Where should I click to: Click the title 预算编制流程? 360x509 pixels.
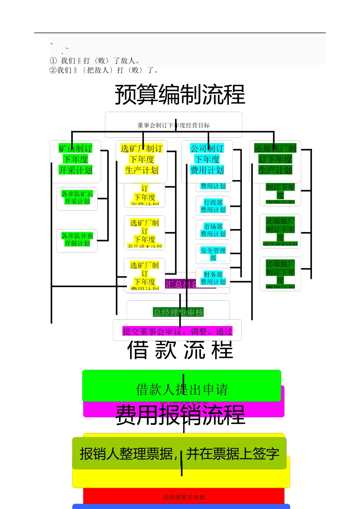pyautogui.click(x=180, y=95)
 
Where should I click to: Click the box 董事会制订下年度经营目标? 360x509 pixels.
pyautogui.click(x=174, y=125)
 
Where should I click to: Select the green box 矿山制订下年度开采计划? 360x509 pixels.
pyautogui.click(x=75, y=159)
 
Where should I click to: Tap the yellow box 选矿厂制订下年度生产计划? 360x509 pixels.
pyautogui.click(x=142, y=159)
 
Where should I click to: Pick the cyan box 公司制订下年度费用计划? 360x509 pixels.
pyautogui.click(x=207, y=159)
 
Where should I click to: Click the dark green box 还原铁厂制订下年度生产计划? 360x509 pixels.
pyautogui.click(x=275, y=159)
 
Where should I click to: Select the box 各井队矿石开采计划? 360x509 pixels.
pyautogui.click(x=77, y=198)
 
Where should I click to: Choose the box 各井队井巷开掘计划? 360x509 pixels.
pyautogui.click(x=77, y=240)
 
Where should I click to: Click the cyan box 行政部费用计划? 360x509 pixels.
pyautogui.click(x=213, y=206)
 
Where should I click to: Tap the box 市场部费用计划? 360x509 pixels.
pyautogui.click(x=213, y=230)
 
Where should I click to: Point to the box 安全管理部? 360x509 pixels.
pyautogui.click(x=213, y=254)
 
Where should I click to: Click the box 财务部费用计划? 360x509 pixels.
pyautogui.click(x=213, y=278)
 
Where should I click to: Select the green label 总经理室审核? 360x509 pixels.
pyautogui.click(x=178, y=312)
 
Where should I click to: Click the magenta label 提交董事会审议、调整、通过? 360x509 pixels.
pyautogui.click(x=177, y=331)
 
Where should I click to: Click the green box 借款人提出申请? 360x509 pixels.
pyautogui.click(x=182, y=389)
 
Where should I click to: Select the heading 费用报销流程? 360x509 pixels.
pyautogui.click(x=180, y=415)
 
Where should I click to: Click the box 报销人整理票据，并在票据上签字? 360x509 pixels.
pyautogui.click(x=179, y=454)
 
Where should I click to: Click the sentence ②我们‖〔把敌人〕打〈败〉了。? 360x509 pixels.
pyautogui.click(x=104, y=70)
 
